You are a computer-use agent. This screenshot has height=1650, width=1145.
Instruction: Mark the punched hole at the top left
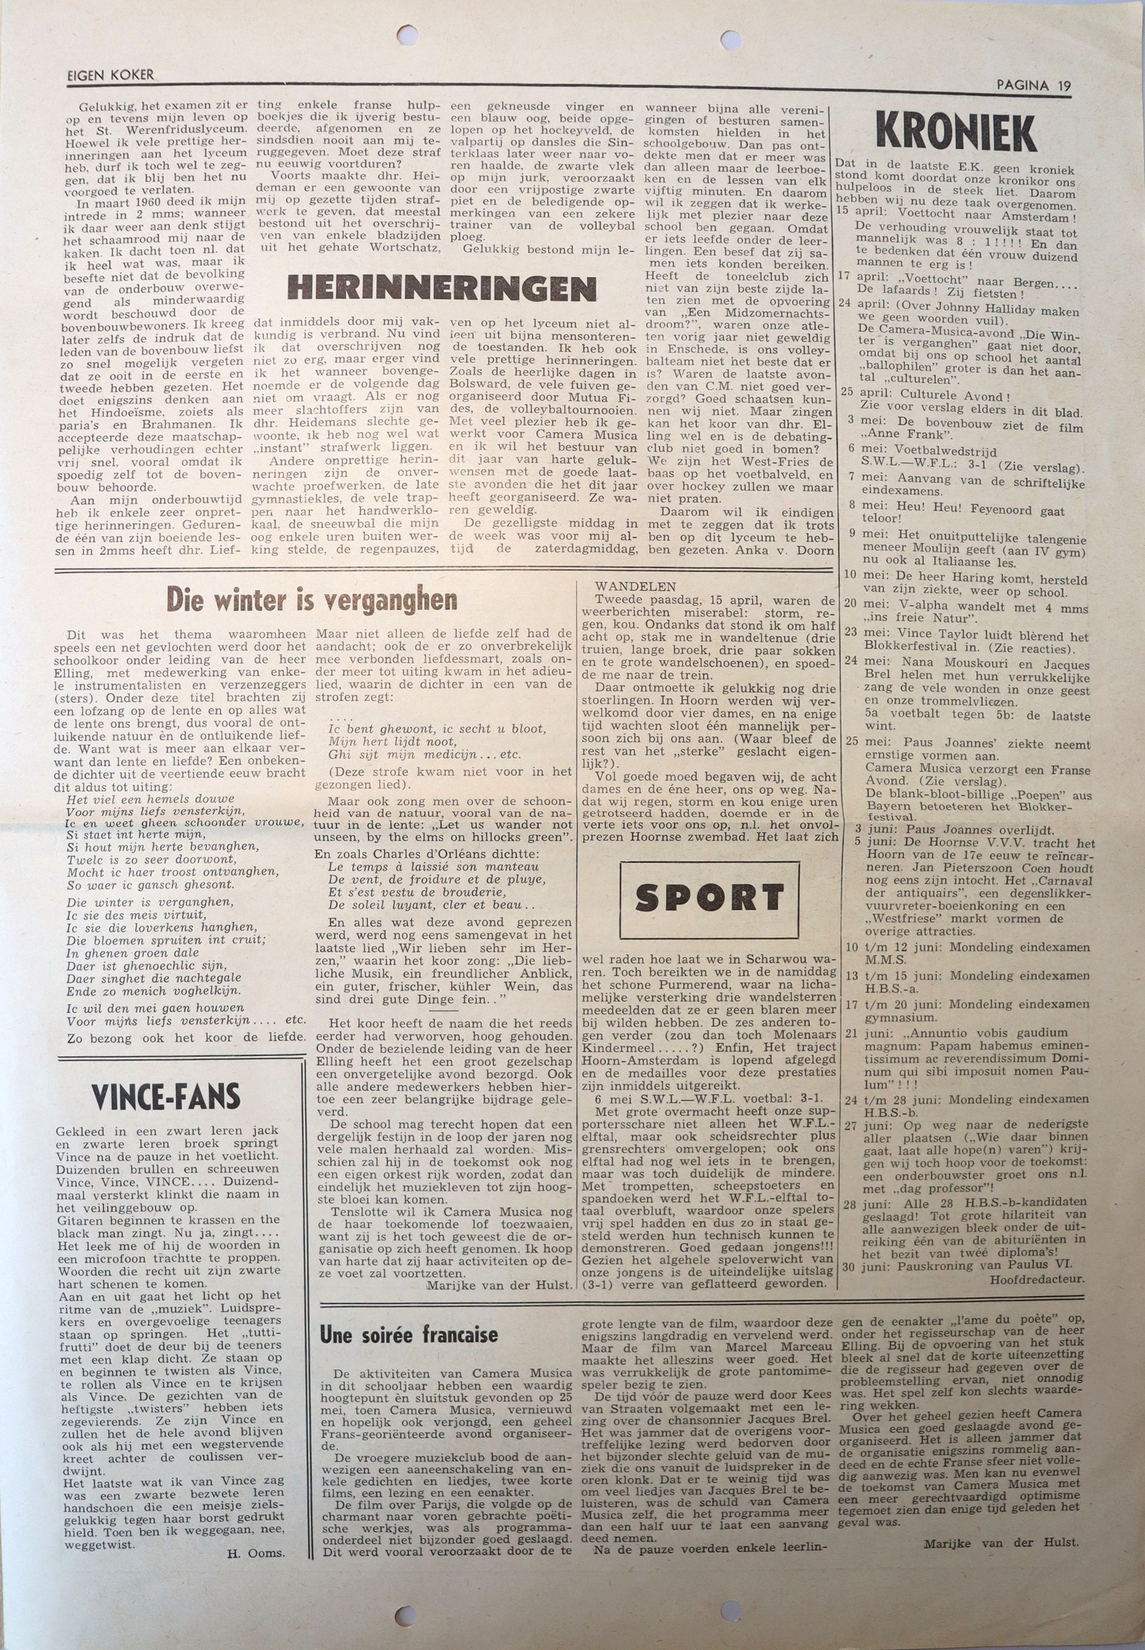point(408,34)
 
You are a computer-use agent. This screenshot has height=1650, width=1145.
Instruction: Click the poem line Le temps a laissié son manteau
point(432,867)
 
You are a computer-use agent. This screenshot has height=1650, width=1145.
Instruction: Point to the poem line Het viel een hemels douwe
point(150,799)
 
